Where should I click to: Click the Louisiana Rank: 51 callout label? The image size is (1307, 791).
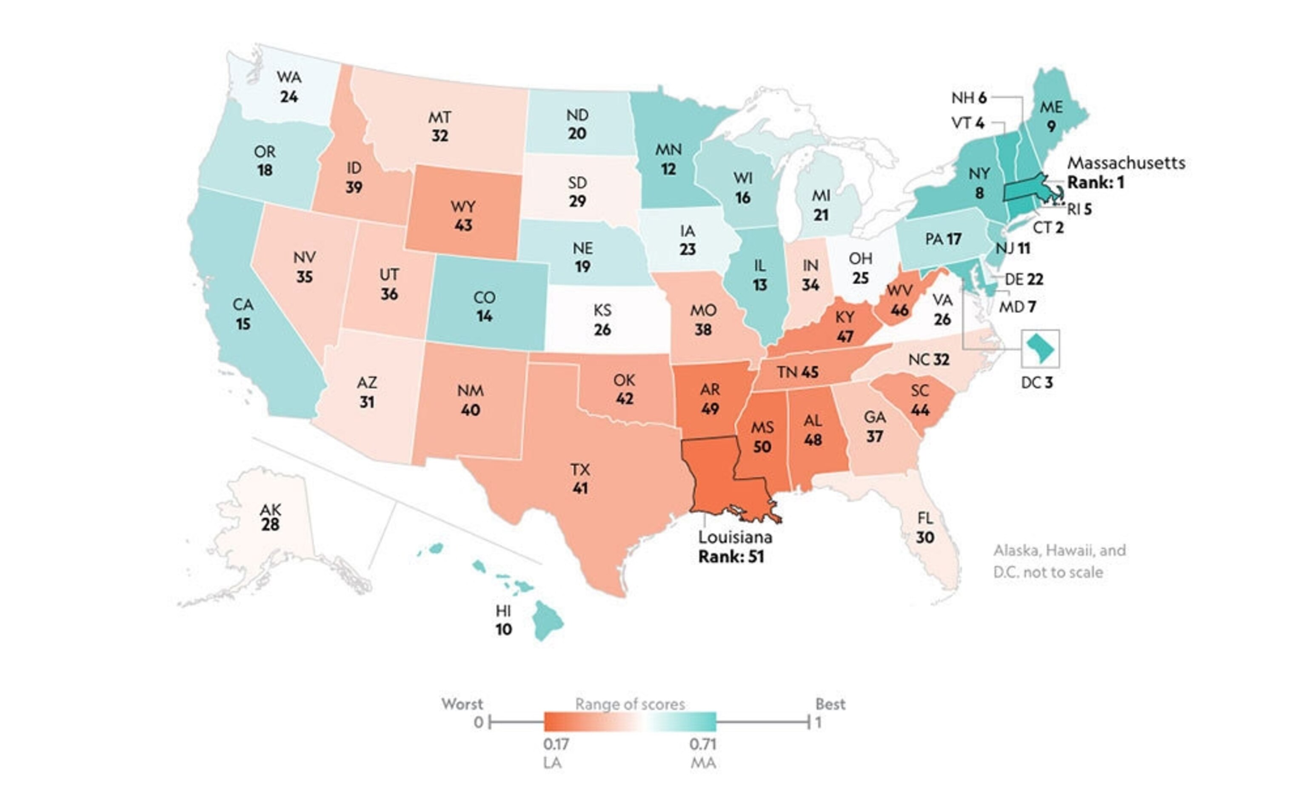coord(735,547)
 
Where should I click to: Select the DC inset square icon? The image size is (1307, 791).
coord(1040,348)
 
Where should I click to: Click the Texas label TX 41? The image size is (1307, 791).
coord(580,479)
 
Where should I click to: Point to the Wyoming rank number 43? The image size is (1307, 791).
coord(463,225)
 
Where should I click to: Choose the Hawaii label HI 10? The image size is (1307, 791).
coord(503,620)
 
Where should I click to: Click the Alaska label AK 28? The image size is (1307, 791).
coord(270,517)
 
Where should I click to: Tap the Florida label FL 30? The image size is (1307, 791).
coord(925,528)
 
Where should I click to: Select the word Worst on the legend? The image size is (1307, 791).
coord(462,704)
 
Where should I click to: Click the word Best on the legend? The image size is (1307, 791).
coord(830,704)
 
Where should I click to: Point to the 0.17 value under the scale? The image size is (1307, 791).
coord(556,744)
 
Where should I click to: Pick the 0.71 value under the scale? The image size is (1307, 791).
coord(702,744)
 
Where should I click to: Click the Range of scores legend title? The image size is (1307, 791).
coord(630,704)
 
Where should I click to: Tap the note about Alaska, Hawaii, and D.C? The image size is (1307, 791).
coord(1059,561)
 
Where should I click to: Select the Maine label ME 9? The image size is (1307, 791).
coord(1051,117)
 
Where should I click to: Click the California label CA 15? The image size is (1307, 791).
coord(243,314)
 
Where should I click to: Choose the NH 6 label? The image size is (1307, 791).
coord(969,97)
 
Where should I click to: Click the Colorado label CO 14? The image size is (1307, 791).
coord(484,307)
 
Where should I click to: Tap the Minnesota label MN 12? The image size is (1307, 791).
coord(668,159)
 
